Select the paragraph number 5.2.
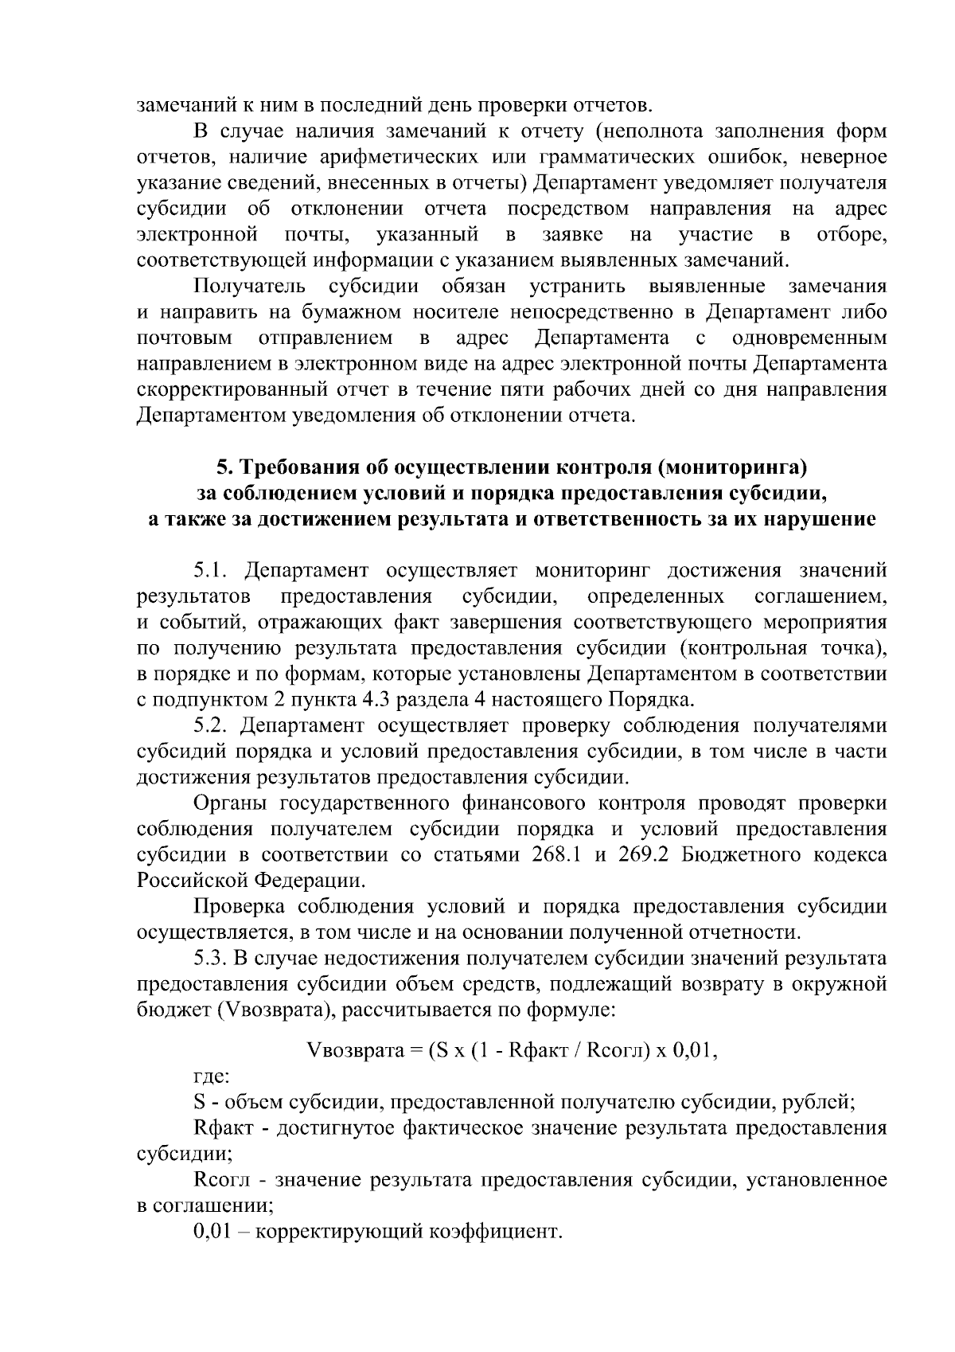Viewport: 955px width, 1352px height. (210, 726)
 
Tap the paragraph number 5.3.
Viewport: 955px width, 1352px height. (210, 959)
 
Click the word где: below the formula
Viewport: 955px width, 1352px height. (211, 1077)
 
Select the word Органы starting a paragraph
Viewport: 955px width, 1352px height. (230, 804)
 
